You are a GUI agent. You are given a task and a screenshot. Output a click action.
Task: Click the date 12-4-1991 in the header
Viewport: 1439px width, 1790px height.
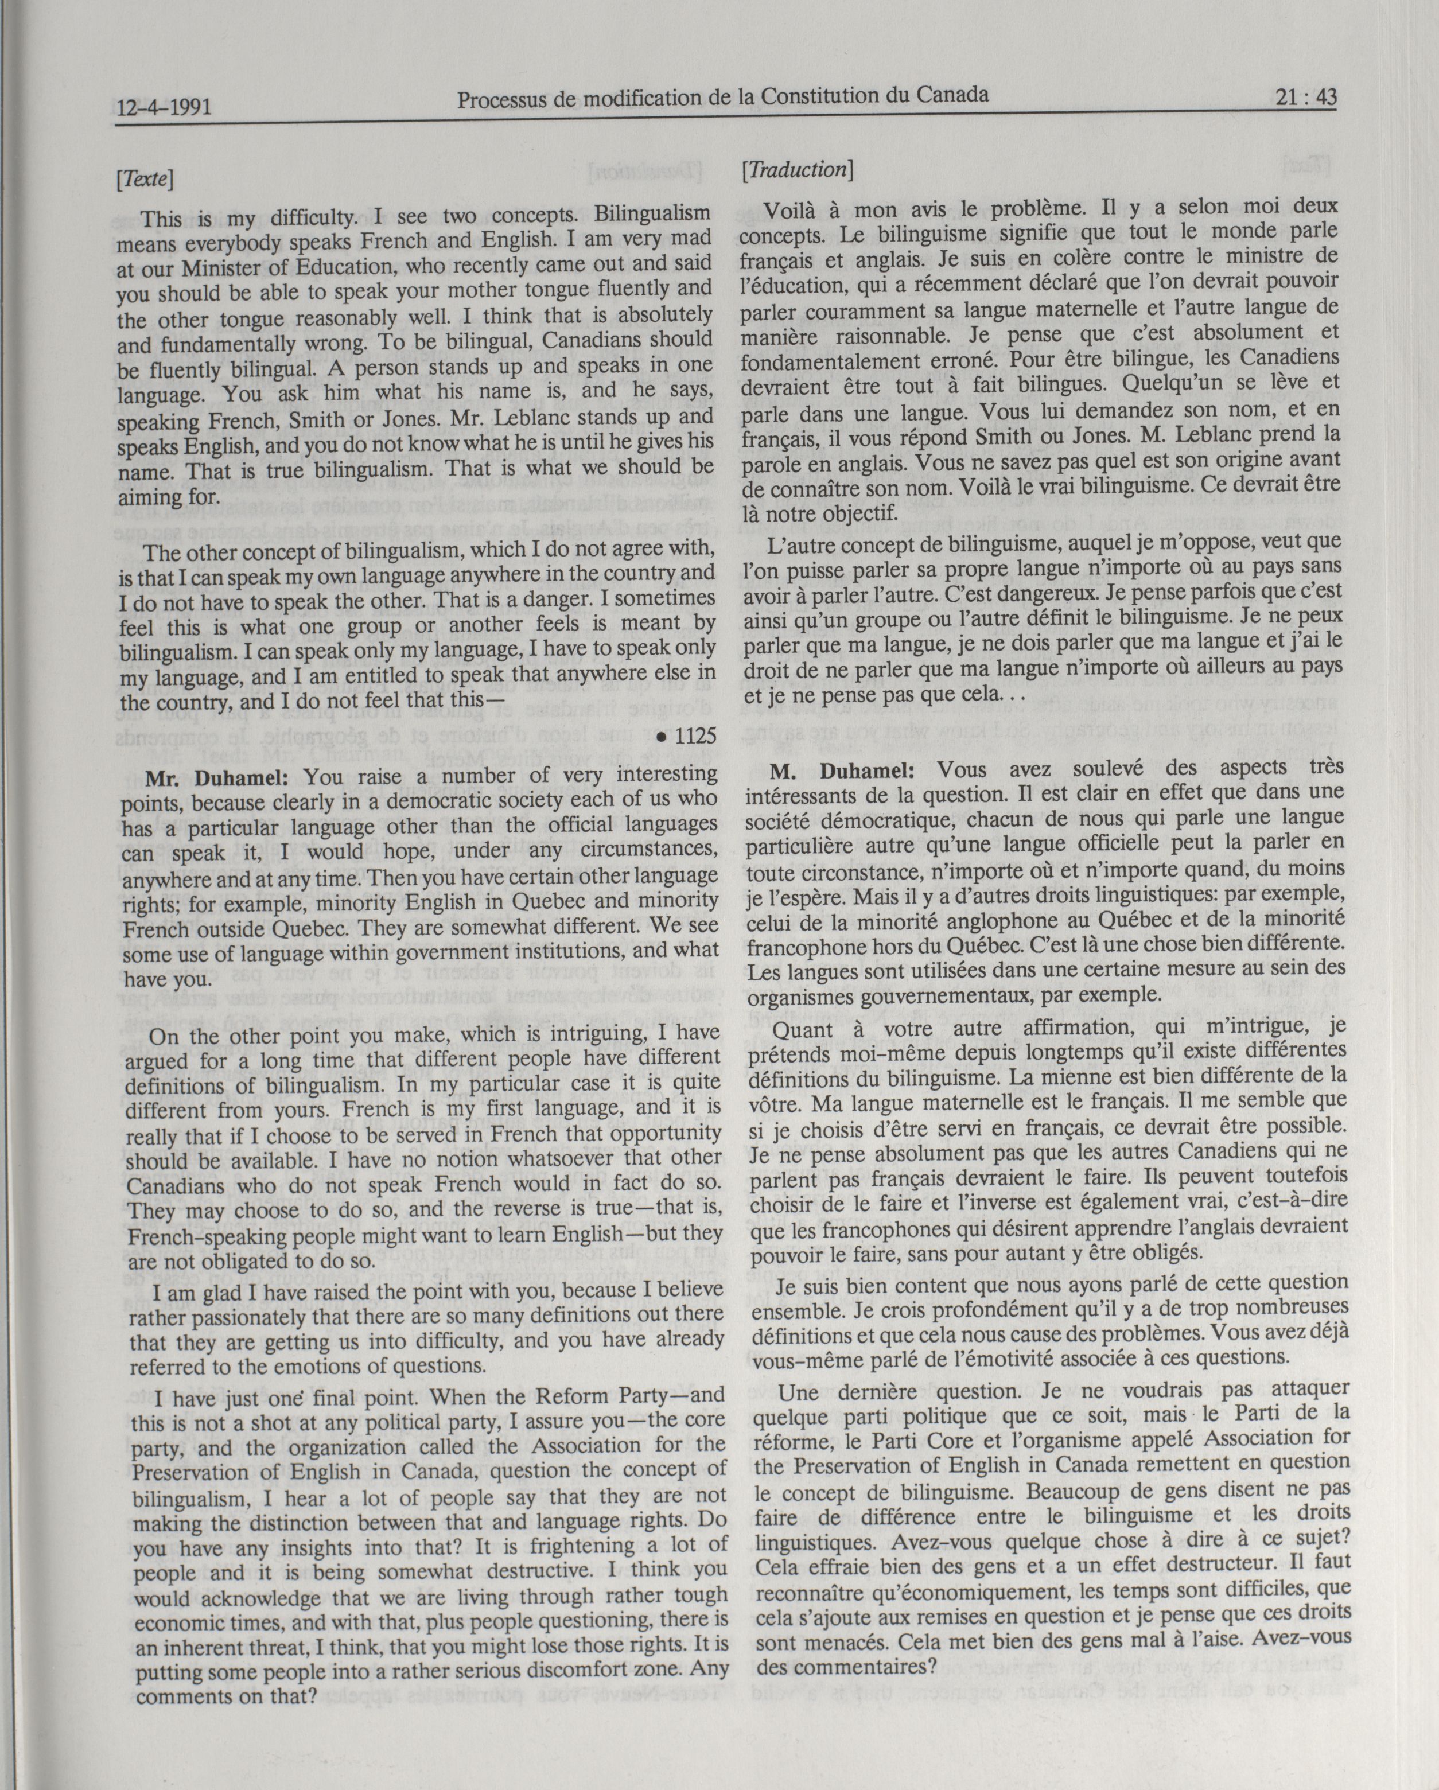pyautogui.click(x=164, y=107)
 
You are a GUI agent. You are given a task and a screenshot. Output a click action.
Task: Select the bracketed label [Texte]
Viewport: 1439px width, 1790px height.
pyautogui.click(x=145, y=178)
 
